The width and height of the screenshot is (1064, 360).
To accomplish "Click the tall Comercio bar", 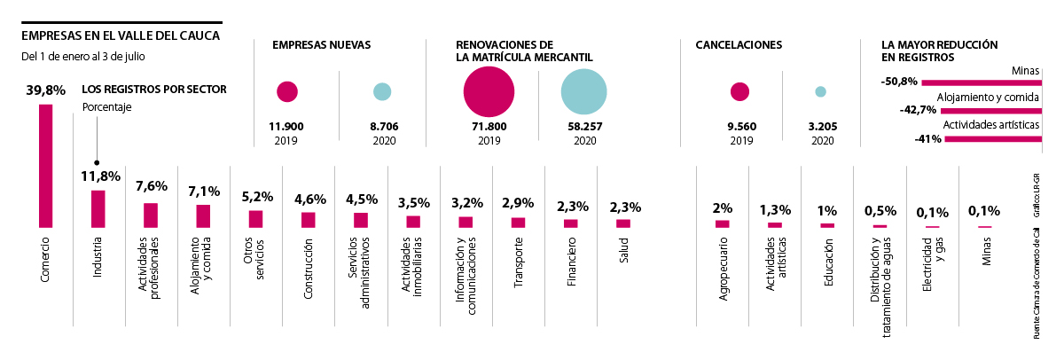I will [45, 167].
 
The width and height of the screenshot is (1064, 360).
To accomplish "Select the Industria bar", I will [98, 209].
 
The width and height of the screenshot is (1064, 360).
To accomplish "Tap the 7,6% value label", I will [151, 186].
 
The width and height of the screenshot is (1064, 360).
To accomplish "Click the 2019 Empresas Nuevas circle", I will [286, 91].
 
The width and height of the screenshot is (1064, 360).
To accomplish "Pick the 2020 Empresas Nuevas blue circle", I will [382, 91].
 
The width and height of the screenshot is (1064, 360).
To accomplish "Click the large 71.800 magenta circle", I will [489, 92].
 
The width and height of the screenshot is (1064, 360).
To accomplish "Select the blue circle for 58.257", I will [583, 93].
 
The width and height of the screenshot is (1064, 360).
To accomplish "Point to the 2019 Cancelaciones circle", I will [739, 91].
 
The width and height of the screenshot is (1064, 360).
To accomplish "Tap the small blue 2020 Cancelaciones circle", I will [820, 91].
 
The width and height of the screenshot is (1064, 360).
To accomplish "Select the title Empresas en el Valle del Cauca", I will [120, 36].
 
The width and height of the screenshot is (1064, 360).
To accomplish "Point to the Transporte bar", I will [518, 223].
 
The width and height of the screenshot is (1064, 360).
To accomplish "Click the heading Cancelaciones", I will [739, 44].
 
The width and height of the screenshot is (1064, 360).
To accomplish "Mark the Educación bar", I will [827, 225].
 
